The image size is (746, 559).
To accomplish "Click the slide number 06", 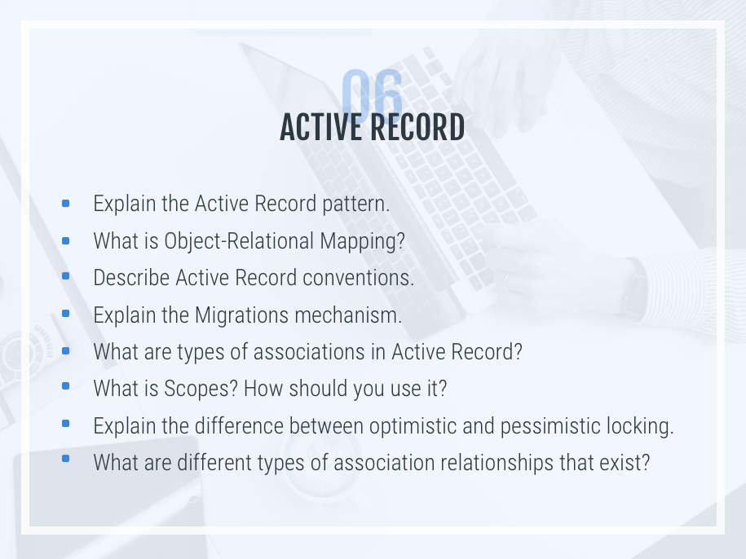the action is (372, 95).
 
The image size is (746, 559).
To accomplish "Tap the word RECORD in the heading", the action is (417, 127).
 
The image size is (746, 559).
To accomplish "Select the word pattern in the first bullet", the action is (355, 205).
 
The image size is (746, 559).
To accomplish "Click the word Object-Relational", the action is (240, 241).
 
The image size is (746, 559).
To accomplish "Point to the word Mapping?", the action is (362, 241).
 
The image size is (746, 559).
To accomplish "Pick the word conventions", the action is (358, 278).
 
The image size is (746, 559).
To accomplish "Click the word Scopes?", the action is (201, 389).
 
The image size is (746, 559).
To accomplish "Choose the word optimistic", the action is (413, 426).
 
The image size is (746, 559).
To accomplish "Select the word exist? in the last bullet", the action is (625, 463).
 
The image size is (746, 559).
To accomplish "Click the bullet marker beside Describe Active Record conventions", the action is (66, 275).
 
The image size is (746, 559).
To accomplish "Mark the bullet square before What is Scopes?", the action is (66, 386).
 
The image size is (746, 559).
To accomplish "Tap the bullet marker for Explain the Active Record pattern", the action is (66, 204).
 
